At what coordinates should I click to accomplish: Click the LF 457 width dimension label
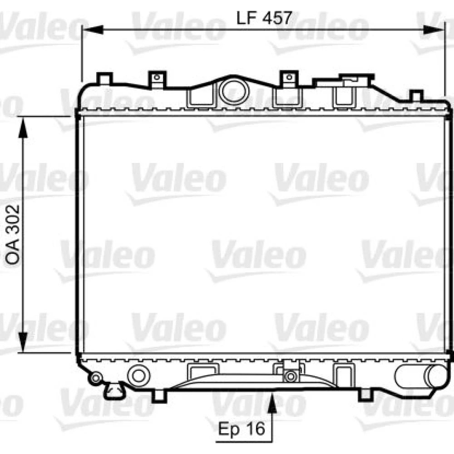pos(264,18)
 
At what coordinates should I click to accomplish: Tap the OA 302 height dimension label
pos(12,235)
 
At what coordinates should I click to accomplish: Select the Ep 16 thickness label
pos(242,429)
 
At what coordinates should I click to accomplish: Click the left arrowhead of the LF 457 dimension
pos(93,30)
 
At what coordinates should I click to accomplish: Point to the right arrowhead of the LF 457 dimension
pos(433,30)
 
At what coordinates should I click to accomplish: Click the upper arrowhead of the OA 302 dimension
pos(23,128)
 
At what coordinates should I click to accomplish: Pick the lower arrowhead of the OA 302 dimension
pos(23,342)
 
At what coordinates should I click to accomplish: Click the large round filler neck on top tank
pos(234,91)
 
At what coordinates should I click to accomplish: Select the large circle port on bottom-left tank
pos(138,376)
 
